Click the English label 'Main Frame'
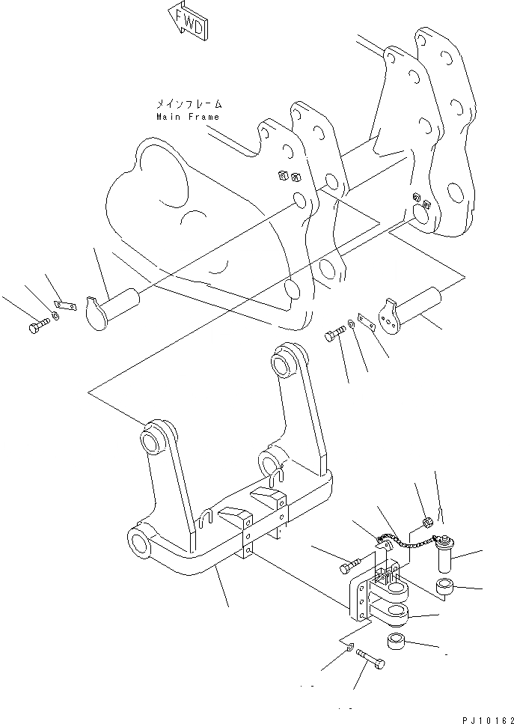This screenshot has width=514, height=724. tap(188, 117)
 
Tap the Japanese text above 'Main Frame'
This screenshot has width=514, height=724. tap(189, 105)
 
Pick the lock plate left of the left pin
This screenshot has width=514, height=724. tap(66, 306)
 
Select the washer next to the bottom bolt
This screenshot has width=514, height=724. tap(348, 645)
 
